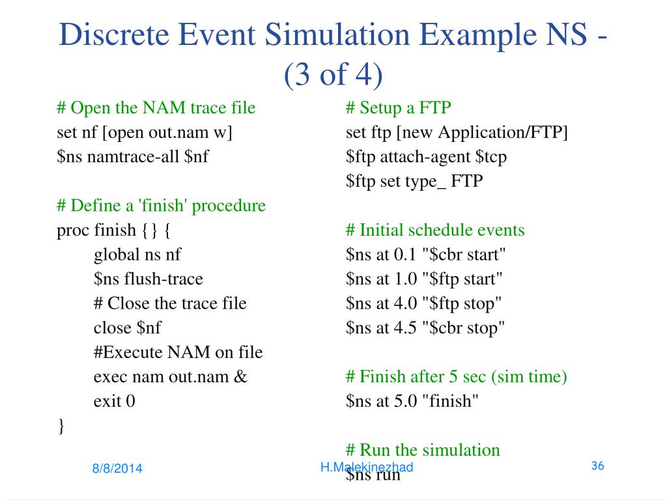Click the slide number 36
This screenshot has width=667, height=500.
(x=597, y=465)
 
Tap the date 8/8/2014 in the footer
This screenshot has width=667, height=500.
(x=117, y=468)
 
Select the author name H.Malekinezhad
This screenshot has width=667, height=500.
(x=367, y=467)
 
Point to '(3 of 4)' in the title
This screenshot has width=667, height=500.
(x=333, y=76)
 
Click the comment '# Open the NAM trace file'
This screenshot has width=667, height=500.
(x=156, y=107)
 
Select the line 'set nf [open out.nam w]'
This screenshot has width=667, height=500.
(x=145, y=132)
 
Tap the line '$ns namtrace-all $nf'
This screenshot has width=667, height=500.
(x=133, y=157)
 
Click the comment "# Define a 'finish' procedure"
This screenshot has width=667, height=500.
(x=162, y=206)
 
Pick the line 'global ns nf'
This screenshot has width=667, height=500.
(x=137, y=255)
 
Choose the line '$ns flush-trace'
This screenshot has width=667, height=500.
(x=149, y=279)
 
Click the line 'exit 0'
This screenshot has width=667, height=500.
(x=115, y=401)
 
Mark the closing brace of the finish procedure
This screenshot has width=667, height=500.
(x=61, y=426)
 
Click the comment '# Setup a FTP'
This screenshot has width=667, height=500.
(x=399, y=107)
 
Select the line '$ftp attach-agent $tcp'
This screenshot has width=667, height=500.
(x=427, y=157)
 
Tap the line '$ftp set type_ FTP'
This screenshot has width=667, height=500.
(x=415, y=181)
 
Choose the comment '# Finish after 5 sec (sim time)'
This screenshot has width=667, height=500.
(x=457, y=376)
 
